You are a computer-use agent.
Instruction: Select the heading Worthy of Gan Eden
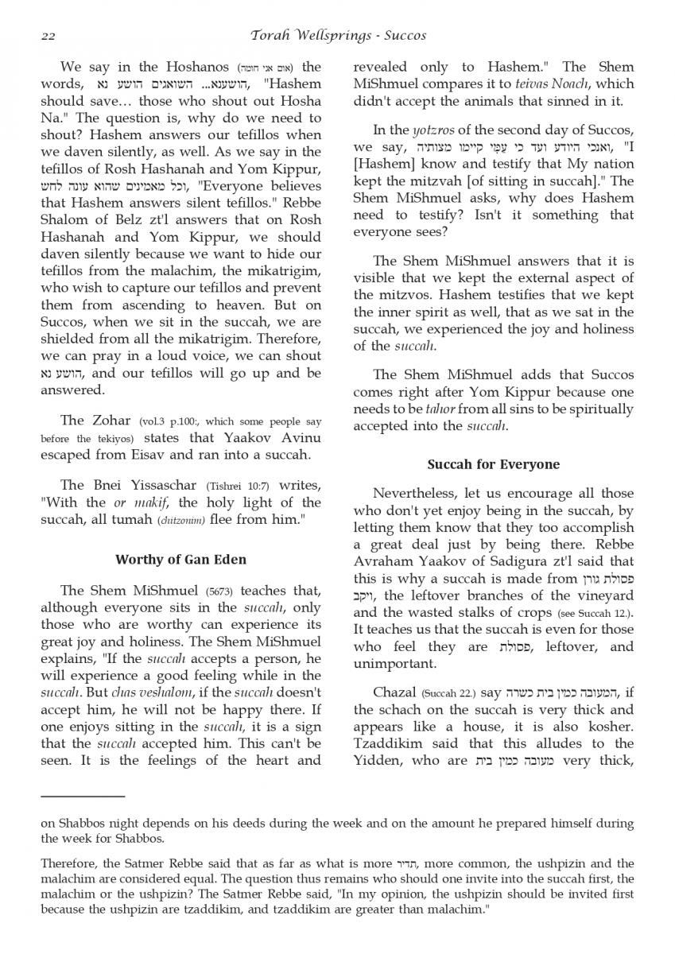(x=180, y=559)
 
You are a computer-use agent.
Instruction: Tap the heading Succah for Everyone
(x=493, y=464)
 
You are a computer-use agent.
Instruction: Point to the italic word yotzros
(x=434, y=130)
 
